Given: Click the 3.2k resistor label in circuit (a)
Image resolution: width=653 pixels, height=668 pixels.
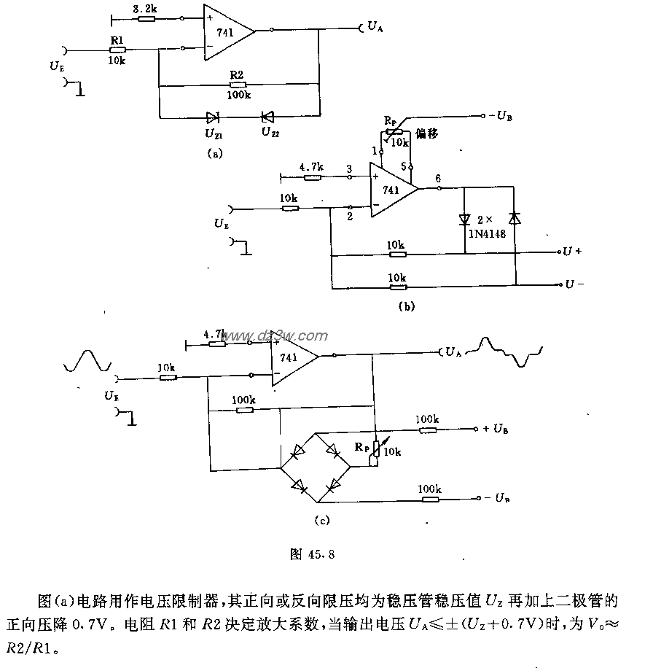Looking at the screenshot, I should pyautogui.click(x=143, y=8).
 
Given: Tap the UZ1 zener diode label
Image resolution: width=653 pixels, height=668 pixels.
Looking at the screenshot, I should pyautogui.click(x=214, y=133).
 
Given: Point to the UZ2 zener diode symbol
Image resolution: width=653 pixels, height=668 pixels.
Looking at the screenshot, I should pyautogui.click(x=267, y=116).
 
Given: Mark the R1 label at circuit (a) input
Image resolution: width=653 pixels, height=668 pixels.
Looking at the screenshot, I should pyautogui.click(x=116, y=41).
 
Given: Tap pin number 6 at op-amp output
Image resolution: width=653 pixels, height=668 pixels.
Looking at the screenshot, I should pyautogui.click(x=437, y=177).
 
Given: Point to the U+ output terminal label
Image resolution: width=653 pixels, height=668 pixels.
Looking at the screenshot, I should pyautogui.click(x=571, y=252).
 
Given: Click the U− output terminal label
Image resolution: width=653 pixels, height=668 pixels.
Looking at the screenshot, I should pyautogui.click(x=574, y=284).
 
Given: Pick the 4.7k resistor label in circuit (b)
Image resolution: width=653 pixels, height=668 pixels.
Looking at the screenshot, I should pyautogui.click(x=313, y=166).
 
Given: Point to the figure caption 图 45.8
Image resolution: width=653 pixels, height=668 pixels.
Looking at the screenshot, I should pyautogui.click(x=312, y=554).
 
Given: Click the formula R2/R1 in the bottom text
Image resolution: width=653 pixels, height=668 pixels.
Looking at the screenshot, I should pyautogui.click(x=61, y=645).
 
